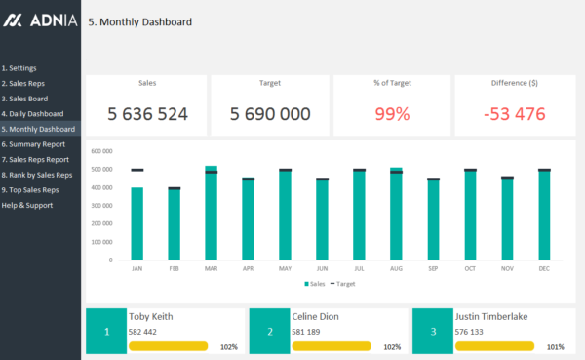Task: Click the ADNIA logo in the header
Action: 40,21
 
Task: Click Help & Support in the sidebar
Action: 28,205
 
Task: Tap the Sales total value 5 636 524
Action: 147,114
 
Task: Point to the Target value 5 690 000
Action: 270,114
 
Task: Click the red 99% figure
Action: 392,114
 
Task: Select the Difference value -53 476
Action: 514,114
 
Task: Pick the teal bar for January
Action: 136,224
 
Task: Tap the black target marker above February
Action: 174,188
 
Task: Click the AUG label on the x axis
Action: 396,267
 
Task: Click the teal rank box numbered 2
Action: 268,333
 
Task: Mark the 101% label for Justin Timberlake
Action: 554,346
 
